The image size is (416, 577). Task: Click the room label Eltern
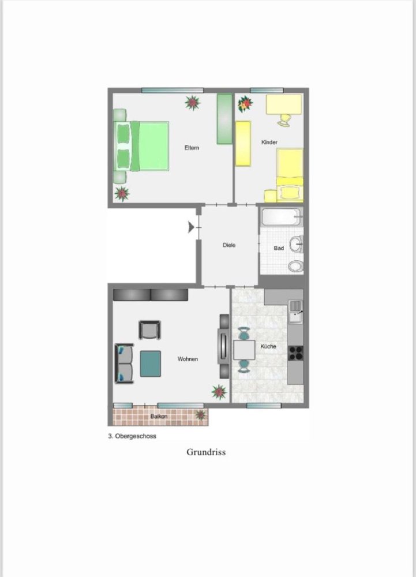(192, 148)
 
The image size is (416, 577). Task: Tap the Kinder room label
(269, 142)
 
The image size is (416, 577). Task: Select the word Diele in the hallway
(229, 245)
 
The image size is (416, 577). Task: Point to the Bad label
(279, 248)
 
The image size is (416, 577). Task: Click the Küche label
(268, 346)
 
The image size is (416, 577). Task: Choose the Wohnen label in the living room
(188, 359)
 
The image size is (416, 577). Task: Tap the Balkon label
(159, 416)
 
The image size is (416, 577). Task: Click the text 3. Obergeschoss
(132, 437)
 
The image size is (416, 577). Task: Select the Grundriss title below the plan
(206, 452)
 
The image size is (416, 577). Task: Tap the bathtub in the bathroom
(281, 218)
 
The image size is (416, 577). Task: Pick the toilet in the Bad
(295, 266)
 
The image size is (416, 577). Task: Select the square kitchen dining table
(244, 349)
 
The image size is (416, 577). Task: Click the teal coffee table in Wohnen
(151, 364)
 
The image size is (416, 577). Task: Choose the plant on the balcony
(201, 415)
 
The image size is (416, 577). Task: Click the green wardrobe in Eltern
(224, 119)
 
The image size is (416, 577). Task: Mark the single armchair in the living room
(149, 330)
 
